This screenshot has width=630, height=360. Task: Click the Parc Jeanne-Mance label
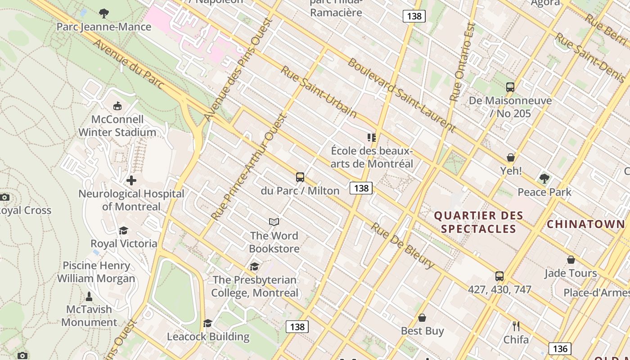[x=104, y=27]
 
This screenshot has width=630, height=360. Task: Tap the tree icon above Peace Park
[x=544, y=179]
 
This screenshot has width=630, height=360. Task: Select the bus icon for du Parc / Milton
[x=300, y=177]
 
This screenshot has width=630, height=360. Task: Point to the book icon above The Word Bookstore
[x=274, y=222]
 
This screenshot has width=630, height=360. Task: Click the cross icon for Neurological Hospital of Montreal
[x=131, y=180]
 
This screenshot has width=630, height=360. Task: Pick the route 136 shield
[x=560, y=348]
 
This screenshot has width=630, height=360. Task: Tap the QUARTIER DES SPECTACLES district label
[x=478, y=222]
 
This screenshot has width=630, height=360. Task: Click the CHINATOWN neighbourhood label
[x=585, y=224]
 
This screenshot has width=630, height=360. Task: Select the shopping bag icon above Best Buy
[x=422, y=318]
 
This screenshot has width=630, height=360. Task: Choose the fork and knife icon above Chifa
[x=516, y=326]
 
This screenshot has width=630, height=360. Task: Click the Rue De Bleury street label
[x=402, y=246]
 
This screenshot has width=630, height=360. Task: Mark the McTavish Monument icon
[x=89, y=297]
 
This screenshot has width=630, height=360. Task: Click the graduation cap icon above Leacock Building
[x=207, y=323]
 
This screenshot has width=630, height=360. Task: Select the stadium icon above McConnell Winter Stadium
[x=117, y=106]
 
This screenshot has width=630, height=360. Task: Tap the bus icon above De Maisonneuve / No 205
[x=510, y=87]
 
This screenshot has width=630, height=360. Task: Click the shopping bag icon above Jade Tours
[x=571, y=260]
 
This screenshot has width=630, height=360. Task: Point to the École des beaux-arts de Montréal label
[x=372, y=157]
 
